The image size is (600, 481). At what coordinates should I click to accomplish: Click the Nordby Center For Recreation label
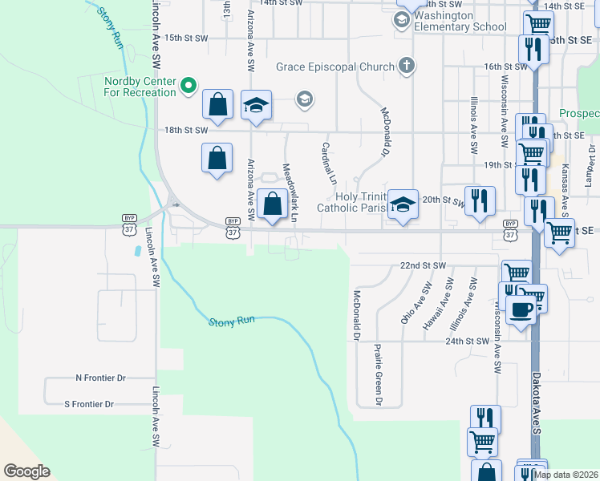click(140, 87)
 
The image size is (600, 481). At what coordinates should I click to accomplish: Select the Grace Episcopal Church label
click(337, 66)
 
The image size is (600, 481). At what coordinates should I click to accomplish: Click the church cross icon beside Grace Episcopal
click(407, 65)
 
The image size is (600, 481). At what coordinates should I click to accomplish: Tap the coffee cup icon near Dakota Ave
click(521, 309)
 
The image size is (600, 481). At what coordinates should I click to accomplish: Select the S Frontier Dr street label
click(100, 404)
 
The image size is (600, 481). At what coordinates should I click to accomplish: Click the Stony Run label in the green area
click(232, 321)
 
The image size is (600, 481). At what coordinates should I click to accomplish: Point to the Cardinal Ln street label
click(327, 163)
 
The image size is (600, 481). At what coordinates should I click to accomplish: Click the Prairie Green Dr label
click(377, 374)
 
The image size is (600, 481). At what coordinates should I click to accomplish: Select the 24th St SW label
click(468, 341)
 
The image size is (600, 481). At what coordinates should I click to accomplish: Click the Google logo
click(26, 471)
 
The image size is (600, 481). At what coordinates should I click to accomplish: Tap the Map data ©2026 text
click(566, 475)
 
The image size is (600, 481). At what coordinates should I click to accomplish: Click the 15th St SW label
click(186, 38)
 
